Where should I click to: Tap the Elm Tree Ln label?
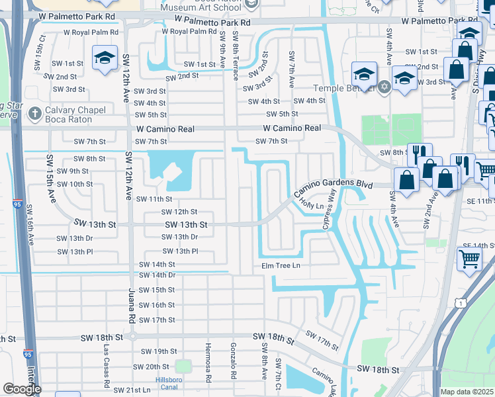(280, 265)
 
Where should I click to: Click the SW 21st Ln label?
(132, 390)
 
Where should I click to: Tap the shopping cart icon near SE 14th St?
(469, 261)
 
